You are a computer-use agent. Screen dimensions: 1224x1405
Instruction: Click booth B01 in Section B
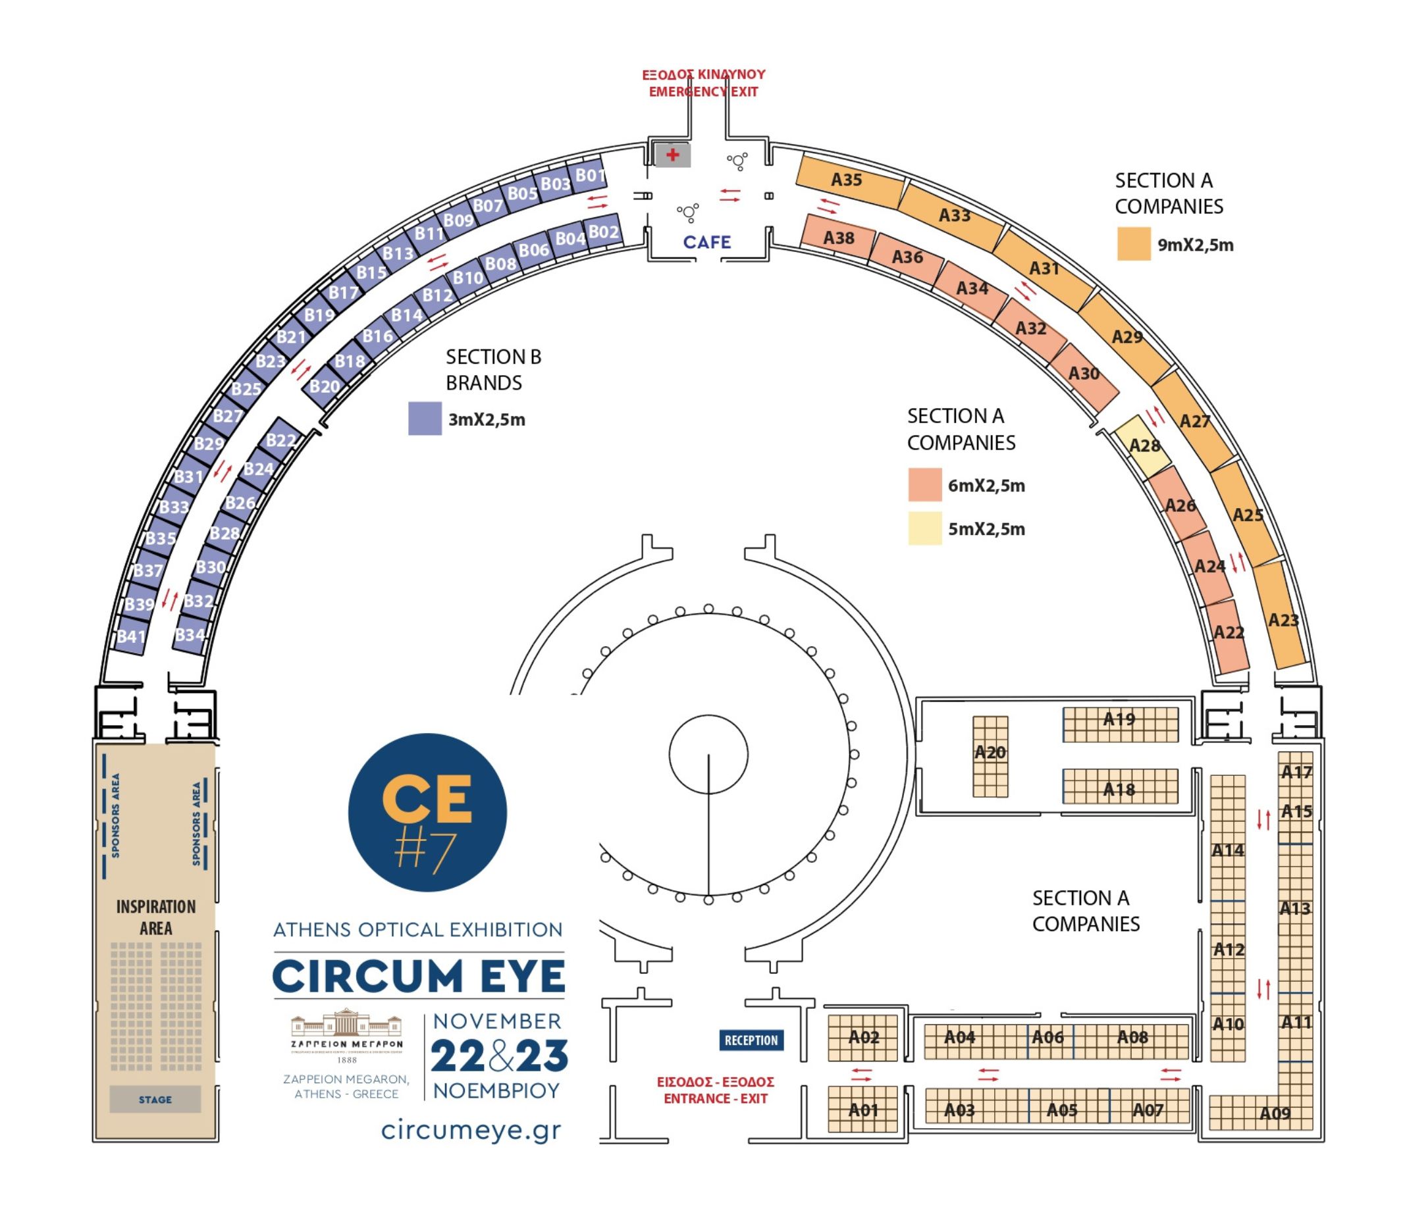tap(589, 176)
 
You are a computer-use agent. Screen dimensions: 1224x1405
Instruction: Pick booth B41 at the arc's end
tap(130, 636)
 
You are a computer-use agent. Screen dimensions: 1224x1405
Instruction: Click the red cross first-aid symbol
tap(672, 155)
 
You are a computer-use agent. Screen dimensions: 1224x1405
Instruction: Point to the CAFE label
tap(706, 242)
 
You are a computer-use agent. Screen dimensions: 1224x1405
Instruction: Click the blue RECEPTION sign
tap(751, 1040)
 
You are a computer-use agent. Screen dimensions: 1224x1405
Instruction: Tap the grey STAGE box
tap(155, 1100)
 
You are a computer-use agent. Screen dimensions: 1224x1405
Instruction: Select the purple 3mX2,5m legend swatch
tap(425, 418)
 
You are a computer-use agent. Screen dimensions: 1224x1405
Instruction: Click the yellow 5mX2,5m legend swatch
tap(924, 528)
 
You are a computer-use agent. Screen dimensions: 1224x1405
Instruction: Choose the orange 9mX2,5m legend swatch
tap(1134, 244)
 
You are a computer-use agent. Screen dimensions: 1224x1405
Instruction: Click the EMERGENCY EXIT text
tap(703, 91)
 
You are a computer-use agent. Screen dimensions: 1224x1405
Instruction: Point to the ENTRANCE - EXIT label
tap(716, 1098)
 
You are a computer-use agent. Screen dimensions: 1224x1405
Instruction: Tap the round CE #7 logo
tap(427, 812)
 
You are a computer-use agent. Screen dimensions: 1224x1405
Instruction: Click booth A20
tap(990, 756)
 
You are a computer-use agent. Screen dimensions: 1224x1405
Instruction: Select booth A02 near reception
tap(862, 1038)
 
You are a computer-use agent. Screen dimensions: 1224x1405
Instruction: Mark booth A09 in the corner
tap(1275, 1113)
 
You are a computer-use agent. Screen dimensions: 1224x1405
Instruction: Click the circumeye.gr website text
tap(471, 1130)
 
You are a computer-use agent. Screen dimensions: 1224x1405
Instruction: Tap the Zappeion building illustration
tap(346, 1024)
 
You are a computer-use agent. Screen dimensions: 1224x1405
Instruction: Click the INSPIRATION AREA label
tap(156, 917)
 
